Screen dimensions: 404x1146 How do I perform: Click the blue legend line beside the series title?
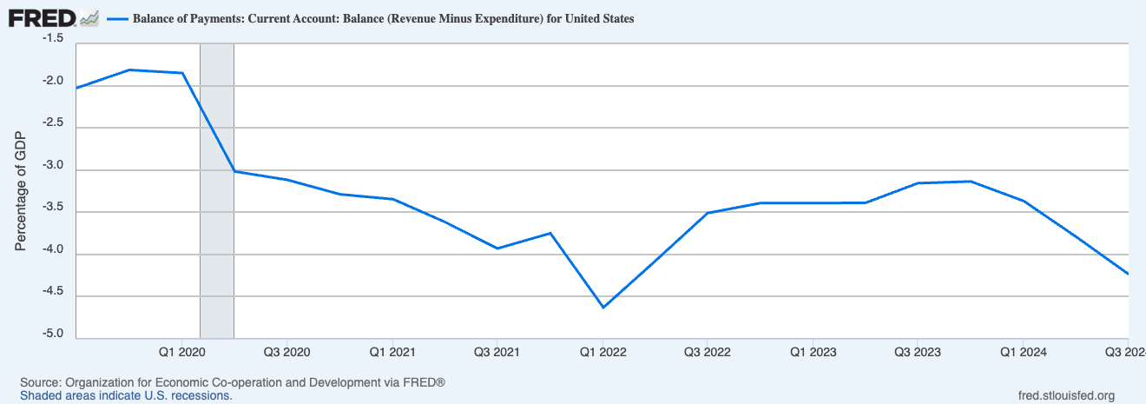tap(116, 19)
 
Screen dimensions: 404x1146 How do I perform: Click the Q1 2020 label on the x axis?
tap(181, 352)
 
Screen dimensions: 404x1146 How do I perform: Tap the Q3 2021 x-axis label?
tap(496, 352)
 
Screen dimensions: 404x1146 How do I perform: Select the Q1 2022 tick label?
tap(602, 352)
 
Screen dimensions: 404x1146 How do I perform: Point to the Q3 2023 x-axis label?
tap(918, 352)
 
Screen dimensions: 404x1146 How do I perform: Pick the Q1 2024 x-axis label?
tap(1023, 352)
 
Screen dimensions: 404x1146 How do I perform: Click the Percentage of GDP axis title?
tap(22, 191)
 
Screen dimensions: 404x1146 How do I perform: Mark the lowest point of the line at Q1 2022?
tap(602, 307)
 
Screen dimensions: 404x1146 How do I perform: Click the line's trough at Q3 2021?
tap(497, 248)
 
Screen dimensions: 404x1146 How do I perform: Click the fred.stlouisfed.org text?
tap(1065, 396)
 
